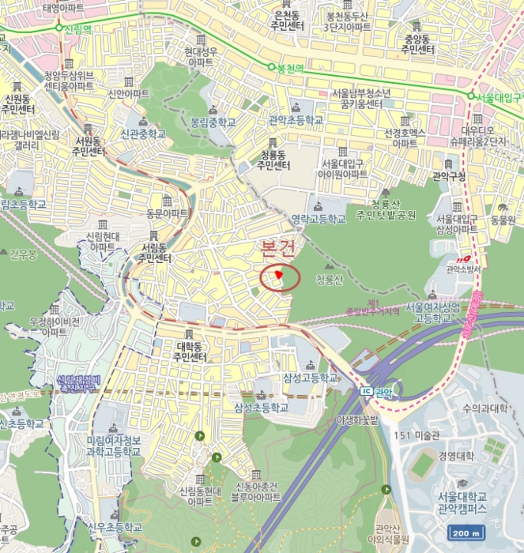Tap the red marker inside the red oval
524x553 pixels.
pos(279,274)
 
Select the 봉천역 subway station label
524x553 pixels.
pos(290,69)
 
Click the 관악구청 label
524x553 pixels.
pos(450,175)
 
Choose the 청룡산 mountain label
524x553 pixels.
pos(329,280)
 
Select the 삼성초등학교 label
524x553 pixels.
pos(262,408)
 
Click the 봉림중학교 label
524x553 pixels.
pos(213,123)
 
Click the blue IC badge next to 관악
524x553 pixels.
pos(365,392)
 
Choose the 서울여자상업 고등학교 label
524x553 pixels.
pos(432,312)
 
